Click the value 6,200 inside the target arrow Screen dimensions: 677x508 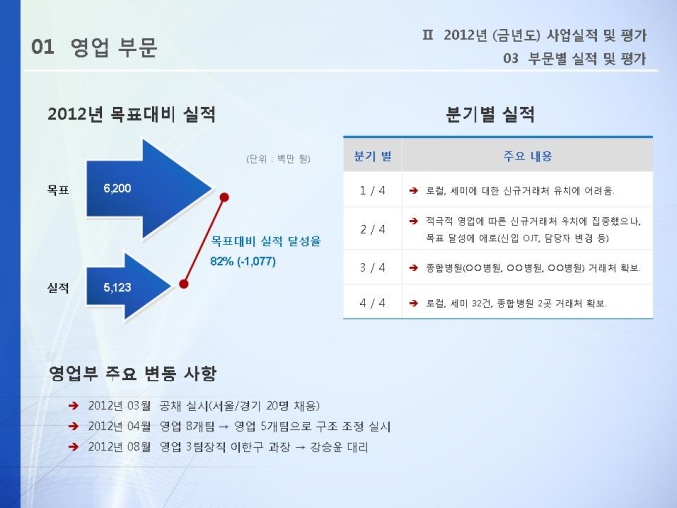pos(117,189)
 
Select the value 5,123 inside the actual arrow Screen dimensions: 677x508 pos(117,287)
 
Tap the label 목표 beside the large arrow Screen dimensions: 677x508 pos(58,190)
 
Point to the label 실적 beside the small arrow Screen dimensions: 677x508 pos(58,288)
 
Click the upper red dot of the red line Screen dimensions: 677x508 pos(224,197)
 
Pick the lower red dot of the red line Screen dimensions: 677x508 pos(184,284)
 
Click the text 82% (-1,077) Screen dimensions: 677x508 pos(243,261)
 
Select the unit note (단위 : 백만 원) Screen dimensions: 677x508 pos(278,159)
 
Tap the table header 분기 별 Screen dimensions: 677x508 pos(373,156)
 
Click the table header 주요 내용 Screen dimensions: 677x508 pos(528,156)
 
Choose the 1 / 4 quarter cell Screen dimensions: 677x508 pos(372,190)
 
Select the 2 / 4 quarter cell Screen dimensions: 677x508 pos(372,229)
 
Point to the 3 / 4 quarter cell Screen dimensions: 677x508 pos(372,268)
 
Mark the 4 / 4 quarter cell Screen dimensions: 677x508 pos(372,303)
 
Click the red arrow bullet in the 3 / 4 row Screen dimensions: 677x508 pos(413,268)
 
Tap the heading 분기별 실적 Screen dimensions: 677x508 pos(490,114)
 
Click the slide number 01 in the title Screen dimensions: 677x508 pos(43,47)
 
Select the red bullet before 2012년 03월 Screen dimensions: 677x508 pos(73,406)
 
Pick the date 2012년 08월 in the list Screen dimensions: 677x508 pos(119,447)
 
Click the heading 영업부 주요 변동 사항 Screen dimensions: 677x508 pos(132,374)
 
